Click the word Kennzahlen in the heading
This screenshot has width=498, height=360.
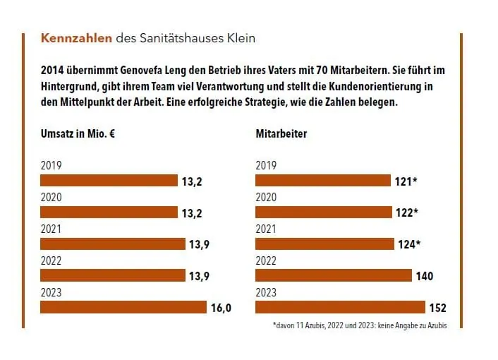pyautogui.click(x=76, y=38)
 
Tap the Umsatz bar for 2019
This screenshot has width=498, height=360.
pyautogui.click(x=109, y=181)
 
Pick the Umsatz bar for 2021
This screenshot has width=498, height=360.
pyautogui.click(x=112, y=244)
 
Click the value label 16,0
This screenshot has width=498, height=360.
pyautogui.click(x=221, y=308)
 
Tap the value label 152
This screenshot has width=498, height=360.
pyautogui.click(x=438, y=308)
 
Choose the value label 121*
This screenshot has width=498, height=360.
pyautogui.click(x=406, y=181)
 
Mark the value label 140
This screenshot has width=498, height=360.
pyautogui.click(x=424, y=276)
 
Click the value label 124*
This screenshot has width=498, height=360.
pyautogui.click(x=408, y=244)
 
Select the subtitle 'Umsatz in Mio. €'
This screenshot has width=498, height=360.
pyautogui.click(x=78, y=133)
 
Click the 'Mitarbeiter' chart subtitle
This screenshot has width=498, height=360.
pyautogui.click(x=281, y=133)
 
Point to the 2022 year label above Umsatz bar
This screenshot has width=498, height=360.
pyautogui.click(x=51, y=261)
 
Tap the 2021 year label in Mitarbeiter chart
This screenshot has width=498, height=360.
pyautogui.click(x=267, y=229)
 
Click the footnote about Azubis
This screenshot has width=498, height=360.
pyautogui.click(x=359, y=326)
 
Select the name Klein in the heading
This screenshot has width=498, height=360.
pyautogui.click(x=241, y=38)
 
